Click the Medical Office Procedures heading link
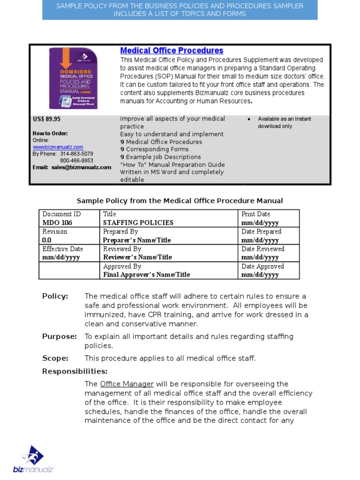pos(172,51)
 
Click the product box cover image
pos(74,79)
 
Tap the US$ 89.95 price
pos(46,119)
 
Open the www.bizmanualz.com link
pos(58,147)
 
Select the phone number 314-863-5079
pos(76,154)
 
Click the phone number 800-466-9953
pos(76,160)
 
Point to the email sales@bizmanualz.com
pos(82,167)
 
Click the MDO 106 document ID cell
pos(54,223)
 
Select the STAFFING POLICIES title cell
pos(138,223)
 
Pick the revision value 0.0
pos(47,240)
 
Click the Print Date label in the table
pos(256,214)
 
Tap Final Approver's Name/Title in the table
pos(147,275)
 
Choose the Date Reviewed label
pos(263,249)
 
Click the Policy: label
pos(55,296)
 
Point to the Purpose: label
pos(60,337)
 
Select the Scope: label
pos(55,359)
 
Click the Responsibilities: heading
pos(75,372)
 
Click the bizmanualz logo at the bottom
pos(33,459)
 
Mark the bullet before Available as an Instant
pos(249,119)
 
